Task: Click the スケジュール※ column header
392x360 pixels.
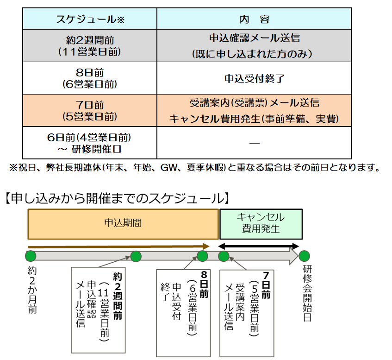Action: coord(90,19)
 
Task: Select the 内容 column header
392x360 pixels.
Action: coord(254,19)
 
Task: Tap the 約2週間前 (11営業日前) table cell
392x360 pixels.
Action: coord(90,45)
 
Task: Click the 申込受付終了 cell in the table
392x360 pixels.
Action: coord(254,78)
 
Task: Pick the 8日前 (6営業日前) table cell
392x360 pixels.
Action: coord(90,78)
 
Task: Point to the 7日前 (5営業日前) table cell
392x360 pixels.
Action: coord(90,110)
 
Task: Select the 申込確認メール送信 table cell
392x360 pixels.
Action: coord(254,45)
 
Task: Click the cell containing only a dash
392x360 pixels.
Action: coord(254,143)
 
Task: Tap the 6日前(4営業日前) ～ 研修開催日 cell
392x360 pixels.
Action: coord(90,143)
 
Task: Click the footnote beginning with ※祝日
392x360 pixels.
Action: coord(194,168)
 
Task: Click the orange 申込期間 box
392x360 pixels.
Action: coord(123,224)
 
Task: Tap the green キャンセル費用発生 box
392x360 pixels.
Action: coord(261,223)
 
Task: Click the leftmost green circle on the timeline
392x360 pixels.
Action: coord(31,256)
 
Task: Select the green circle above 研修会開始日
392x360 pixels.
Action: coord(304,256)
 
